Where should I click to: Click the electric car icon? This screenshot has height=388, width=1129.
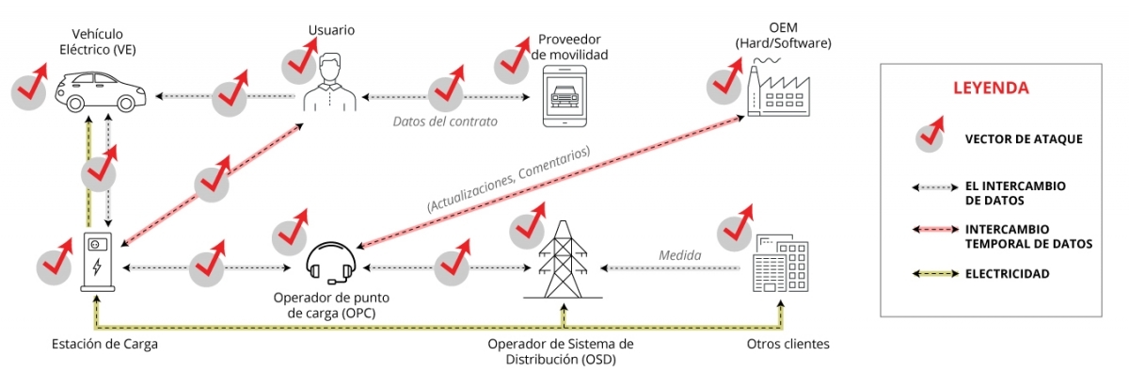pyautogui.click(x=94, y=91)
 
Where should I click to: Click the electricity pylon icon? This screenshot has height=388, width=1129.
pyautogui.click(x=563, y=258)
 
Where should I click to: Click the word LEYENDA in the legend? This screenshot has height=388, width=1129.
pyautogui.click(x=991, y=88)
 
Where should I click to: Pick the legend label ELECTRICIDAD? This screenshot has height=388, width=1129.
pyautogui.click(x=1007, y=274)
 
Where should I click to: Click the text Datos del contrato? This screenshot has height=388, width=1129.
pyautogui.click(x=445, y=121)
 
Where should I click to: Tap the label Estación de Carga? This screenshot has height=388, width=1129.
pyautogui.click(x=104, y=344)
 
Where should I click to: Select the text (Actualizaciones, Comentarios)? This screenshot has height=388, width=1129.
pyautogui.click(x=508, y=179)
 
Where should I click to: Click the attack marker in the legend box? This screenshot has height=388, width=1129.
pyautogui.click(x=929, y=137)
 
